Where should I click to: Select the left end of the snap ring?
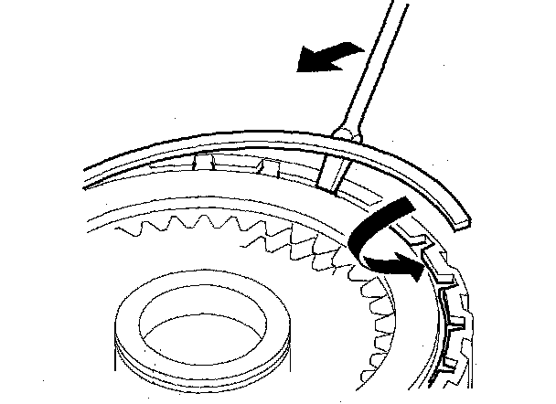[x=88, y=169]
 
